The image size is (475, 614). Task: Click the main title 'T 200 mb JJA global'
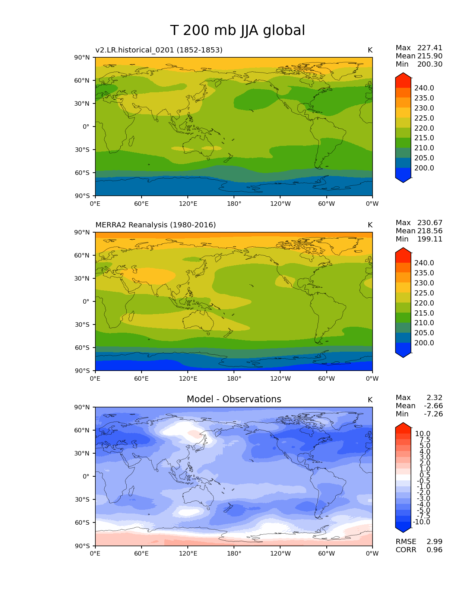point(237,31)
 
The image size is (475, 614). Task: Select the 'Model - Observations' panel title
point(234,399)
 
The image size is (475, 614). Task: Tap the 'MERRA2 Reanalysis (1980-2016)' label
point(156,225)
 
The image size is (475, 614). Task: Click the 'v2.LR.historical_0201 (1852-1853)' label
point(159,50)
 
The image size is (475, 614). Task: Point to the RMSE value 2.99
point(434,542)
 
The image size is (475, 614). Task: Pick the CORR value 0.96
point(434,550)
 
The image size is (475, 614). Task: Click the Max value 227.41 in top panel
point(430,48)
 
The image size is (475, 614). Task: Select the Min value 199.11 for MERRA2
point(430,239)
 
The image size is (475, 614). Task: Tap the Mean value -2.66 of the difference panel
point(433,406)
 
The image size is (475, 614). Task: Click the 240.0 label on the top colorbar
point(424,88)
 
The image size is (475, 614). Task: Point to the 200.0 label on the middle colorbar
point(424,343)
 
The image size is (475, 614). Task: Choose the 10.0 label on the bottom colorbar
point(422,434)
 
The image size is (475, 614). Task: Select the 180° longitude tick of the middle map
point(234,379)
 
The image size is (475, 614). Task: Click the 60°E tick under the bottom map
point(141,554)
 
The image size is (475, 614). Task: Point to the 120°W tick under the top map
point(280,204)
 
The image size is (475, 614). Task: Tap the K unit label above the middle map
point(370,225)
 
